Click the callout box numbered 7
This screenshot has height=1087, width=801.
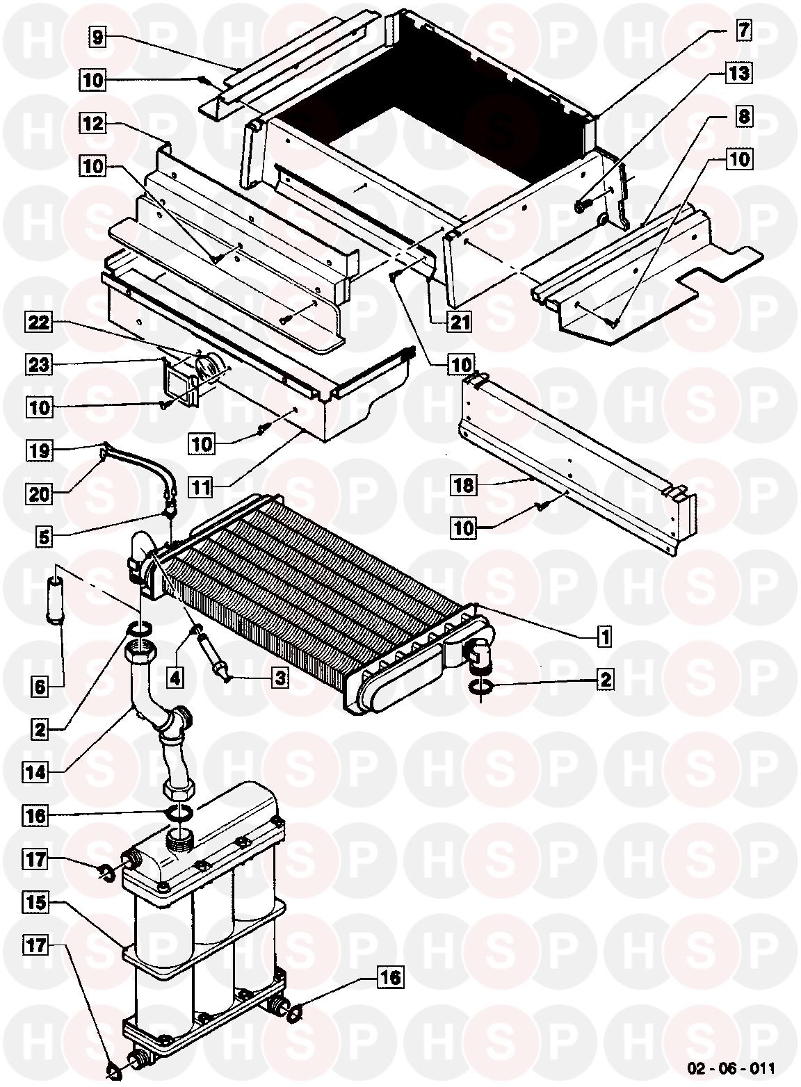pyautogui.click(x=743, y=30)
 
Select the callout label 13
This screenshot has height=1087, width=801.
pyautogui.click(x=739, y=74)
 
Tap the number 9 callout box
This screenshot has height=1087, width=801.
pyautogui.click(x=97, y=36)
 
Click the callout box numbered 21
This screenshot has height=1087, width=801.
pyautogui.click(x=459, y=321)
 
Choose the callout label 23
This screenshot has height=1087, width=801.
pyautogui.click(x=38, y=364)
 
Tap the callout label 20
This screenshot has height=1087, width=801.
pyautogui.click(x=40, y=494)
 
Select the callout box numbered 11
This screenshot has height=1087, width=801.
pyautogui.click(x=201, y=487)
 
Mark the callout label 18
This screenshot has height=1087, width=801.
pyautogui.click(x=463, y=484)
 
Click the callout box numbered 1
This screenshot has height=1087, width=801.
pyautogui.click(x=604, y=635)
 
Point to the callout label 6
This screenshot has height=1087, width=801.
pyautogui.click(x=40, y=687)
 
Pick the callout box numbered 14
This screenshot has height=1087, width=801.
pyautogui.click(x=35, y=772)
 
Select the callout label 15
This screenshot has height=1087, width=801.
pyautogui.click(x=36, y=902)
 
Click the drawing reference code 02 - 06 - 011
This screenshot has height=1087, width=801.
pyautogui.click(x=731, y=1068)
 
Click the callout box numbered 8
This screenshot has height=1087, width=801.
pyautogui.click(x=744, y=117)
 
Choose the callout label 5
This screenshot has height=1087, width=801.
pyautogui.click(x=44, y=537)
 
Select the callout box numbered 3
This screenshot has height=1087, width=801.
pyautogui.click(x=280, y=678)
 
